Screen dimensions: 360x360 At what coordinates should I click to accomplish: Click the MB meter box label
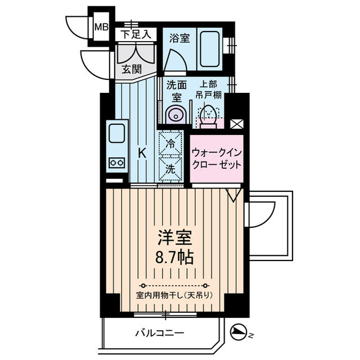coord(101,26)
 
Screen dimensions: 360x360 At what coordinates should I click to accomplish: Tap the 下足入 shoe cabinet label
coord(136,34)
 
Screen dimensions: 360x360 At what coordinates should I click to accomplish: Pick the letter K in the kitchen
coord(143,152)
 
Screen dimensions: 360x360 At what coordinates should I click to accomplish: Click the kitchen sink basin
coord(117,136)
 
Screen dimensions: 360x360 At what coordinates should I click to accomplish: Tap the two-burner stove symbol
coord(117,162)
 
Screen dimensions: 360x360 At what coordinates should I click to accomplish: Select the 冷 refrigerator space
coord(170,143)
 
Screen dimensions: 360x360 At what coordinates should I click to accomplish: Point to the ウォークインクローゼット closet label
coord(217,159)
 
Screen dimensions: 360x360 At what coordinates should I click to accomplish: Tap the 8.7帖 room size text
coord(173,258)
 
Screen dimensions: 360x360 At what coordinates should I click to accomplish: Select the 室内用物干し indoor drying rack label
coord(173,295)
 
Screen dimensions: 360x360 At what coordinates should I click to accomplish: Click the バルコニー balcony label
coord(159,333)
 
